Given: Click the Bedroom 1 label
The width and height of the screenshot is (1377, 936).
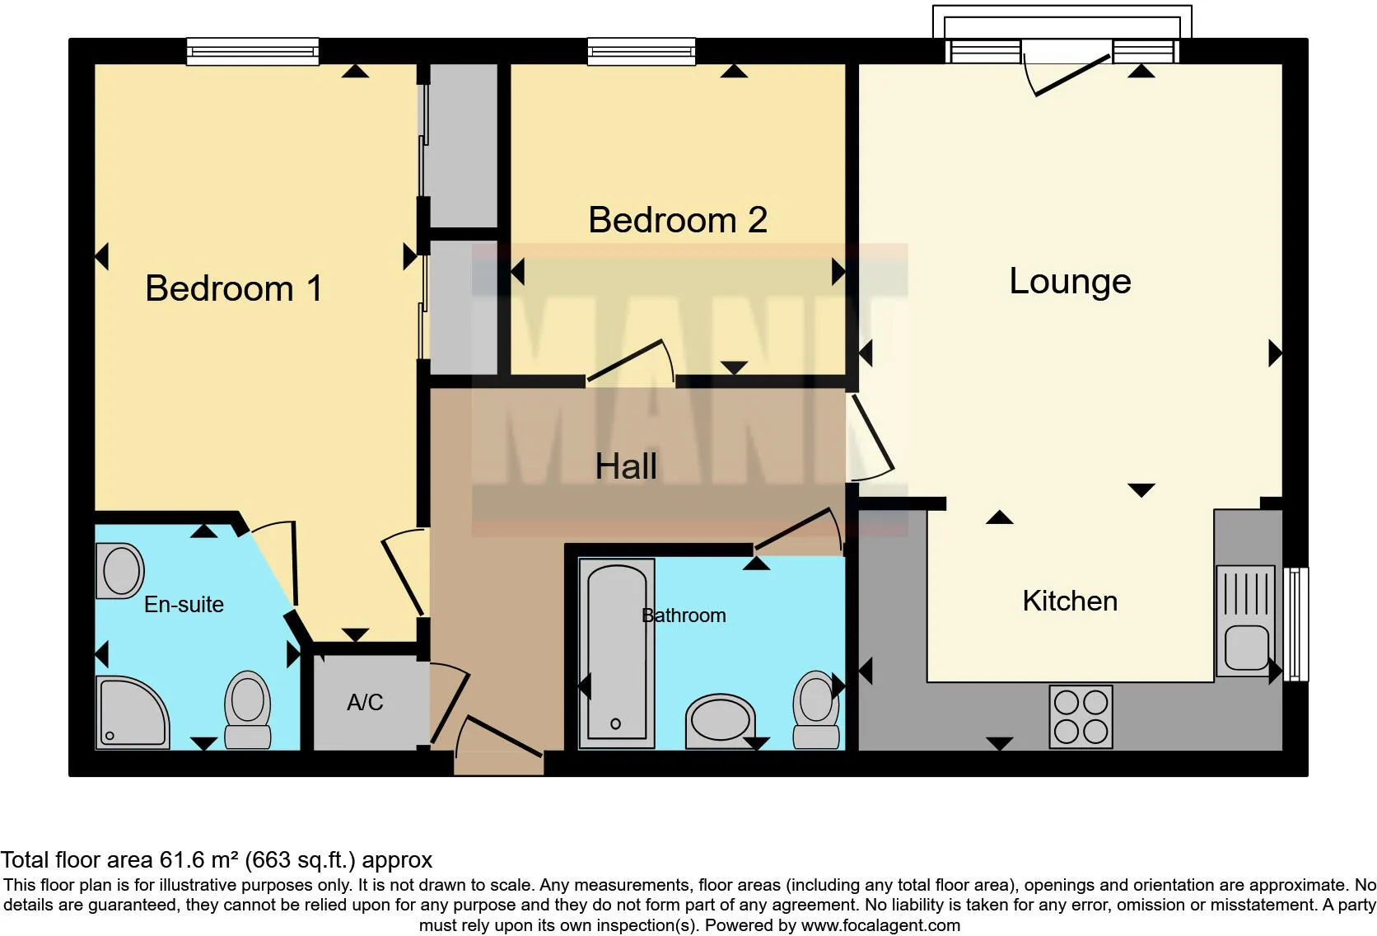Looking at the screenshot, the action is click(x=234, y=288).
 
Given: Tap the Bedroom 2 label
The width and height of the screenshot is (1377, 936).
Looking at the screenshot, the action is click(x=678, y=219).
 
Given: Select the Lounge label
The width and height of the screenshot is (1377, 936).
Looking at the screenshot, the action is click(x=1071, y=282).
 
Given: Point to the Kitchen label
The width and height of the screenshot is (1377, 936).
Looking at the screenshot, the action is click(x=1070, y=601).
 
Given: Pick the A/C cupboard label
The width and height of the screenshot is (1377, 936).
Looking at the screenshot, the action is click(x=365, y=702).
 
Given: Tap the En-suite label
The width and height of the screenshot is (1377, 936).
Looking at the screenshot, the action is click(x=184, y=605).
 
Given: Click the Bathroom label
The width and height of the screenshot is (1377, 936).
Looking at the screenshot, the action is click(x=684, y=615).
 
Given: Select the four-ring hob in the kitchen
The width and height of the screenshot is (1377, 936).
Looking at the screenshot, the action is click(x=1081, y=717).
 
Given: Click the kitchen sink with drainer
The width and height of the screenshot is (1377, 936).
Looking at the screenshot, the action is click(x=1245, y=620).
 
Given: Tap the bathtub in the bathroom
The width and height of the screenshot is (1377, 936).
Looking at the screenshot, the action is click(x=617, y=653).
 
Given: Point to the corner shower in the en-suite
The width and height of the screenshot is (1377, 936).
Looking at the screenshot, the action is click(x=132, y=712).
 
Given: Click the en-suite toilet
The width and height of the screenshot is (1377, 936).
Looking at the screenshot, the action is click(x=248, y=709).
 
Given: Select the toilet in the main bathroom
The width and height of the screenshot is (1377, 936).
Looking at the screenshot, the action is click(x=816, y=709).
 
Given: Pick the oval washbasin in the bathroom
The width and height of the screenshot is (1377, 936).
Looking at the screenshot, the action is click(x=721, y=721).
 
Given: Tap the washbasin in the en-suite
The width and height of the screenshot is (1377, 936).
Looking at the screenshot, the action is click(x=120, y=571).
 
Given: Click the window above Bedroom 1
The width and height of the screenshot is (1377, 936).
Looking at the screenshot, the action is click(x=253, y=52).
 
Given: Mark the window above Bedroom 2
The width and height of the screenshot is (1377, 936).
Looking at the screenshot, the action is click(x=642, y=52).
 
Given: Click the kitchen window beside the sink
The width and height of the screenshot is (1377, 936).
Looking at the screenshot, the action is click(x=1295, y=625).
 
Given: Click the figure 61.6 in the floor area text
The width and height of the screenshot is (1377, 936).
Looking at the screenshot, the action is click(x=180, y=859).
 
